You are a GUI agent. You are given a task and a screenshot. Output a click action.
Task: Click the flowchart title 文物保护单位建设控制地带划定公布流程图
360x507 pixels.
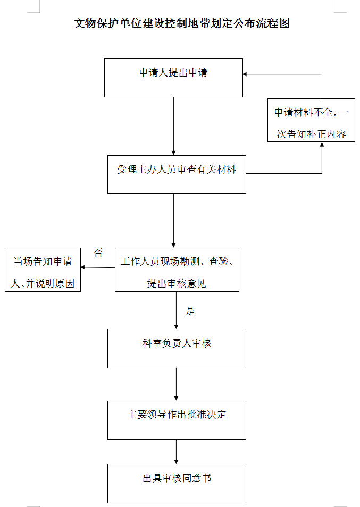[x=182, y=23]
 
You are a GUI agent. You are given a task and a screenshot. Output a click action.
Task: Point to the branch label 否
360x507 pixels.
[x=98, y=252]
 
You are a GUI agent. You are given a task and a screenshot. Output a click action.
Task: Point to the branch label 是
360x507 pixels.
[x=190, y=311]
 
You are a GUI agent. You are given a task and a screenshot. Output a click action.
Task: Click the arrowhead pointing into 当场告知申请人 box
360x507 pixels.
[x=83, y=267]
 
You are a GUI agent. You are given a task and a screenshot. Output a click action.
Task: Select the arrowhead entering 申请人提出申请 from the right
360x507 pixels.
[x=245, y=74]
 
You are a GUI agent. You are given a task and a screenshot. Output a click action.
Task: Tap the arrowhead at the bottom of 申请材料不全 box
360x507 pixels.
[x=322, y=144]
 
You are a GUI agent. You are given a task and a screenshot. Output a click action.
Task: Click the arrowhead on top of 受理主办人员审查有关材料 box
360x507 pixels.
[x=173, y=153]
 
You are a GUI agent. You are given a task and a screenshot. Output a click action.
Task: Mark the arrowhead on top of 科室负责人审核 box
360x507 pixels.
[x=177, y=327]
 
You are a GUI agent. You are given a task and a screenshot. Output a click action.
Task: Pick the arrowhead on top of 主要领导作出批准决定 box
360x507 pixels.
[x=177, y=399]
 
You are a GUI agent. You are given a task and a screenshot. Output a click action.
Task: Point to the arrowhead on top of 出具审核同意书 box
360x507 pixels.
[x=177, y=462]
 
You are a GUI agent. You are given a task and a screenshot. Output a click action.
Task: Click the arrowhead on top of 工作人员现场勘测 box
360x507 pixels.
[x=173, y=246]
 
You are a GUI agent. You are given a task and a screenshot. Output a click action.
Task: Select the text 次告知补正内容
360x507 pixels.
[x=311, y=134]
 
